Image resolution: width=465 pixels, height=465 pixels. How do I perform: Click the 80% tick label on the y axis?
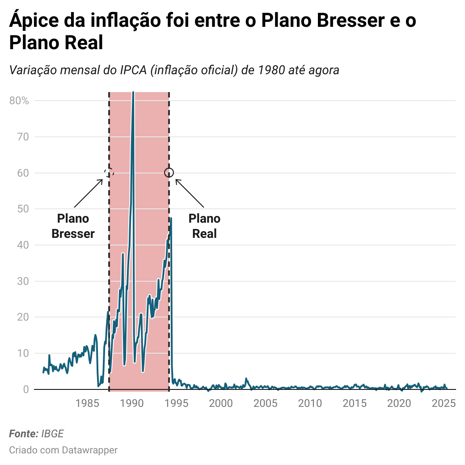[19, 101]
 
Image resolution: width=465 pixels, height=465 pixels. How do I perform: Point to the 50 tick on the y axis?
[23, 209]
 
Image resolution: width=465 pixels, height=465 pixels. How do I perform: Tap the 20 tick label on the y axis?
[23, 317]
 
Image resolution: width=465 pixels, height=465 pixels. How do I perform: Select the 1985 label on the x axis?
[87, 403]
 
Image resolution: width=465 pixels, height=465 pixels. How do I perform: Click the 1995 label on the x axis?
[177, 403]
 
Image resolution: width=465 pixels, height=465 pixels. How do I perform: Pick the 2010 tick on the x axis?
[310, 403]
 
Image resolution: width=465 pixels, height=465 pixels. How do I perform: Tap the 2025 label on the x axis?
[444, 403]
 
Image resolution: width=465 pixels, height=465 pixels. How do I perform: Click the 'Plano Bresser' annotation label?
[73, 226]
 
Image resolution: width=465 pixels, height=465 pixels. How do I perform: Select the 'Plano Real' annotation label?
[204, 226]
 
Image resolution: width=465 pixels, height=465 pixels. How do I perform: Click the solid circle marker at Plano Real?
[169, 173]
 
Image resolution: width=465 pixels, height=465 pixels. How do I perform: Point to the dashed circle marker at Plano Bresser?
[109, 173]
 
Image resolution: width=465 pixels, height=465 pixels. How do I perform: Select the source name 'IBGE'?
[52, 434]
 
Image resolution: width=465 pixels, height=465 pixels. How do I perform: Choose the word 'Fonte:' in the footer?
[24, 434]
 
